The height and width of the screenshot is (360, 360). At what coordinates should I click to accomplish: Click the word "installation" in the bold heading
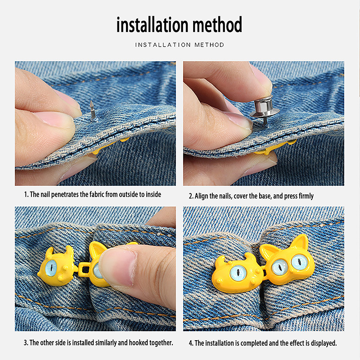pyautogui.click(x=153, y=24)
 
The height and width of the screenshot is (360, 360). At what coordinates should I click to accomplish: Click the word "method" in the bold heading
pyautogui.click(x=217, y=24)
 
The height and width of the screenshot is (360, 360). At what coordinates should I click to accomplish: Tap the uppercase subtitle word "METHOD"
pyautogui.click(x=209, y=45)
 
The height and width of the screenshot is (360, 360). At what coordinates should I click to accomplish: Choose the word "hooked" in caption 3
pyautogui.click(x=138, y=342)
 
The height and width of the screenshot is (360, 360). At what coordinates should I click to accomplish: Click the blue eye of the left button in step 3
pyautogui.click(x=51, y=267)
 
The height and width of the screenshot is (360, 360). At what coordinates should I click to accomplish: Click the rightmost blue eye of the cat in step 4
pyautogui.click(x=299, y=262)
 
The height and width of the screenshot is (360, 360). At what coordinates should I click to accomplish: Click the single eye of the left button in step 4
pyautogui.click(x=238, y=273)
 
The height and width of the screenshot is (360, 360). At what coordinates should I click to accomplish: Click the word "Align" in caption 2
pyautogui.click(x=202, y=196)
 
